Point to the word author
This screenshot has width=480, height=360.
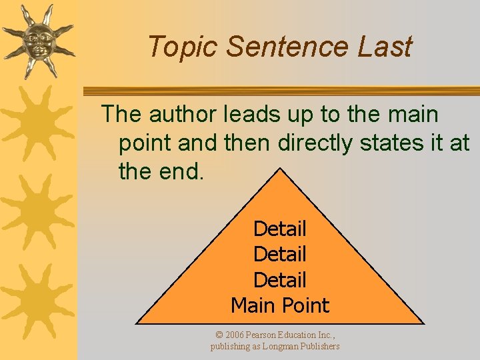182,115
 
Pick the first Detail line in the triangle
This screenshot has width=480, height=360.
280,229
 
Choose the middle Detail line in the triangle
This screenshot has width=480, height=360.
280,254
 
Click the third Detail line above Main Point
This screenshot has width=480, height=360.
280,280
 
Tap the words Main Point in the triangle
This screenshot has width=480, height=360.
280,305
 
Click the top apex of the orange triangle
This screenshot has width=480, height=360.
280,169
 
